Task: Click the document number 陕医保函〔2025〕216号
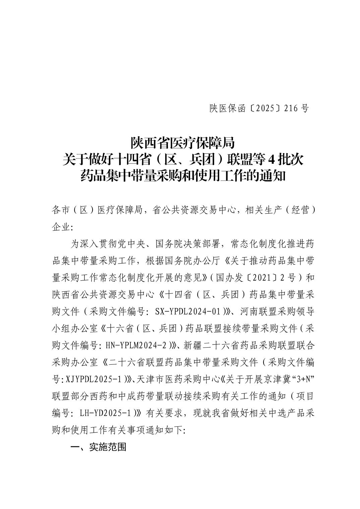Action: coord(259,108)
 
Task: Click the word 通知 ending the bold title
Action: coord(273,175)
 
